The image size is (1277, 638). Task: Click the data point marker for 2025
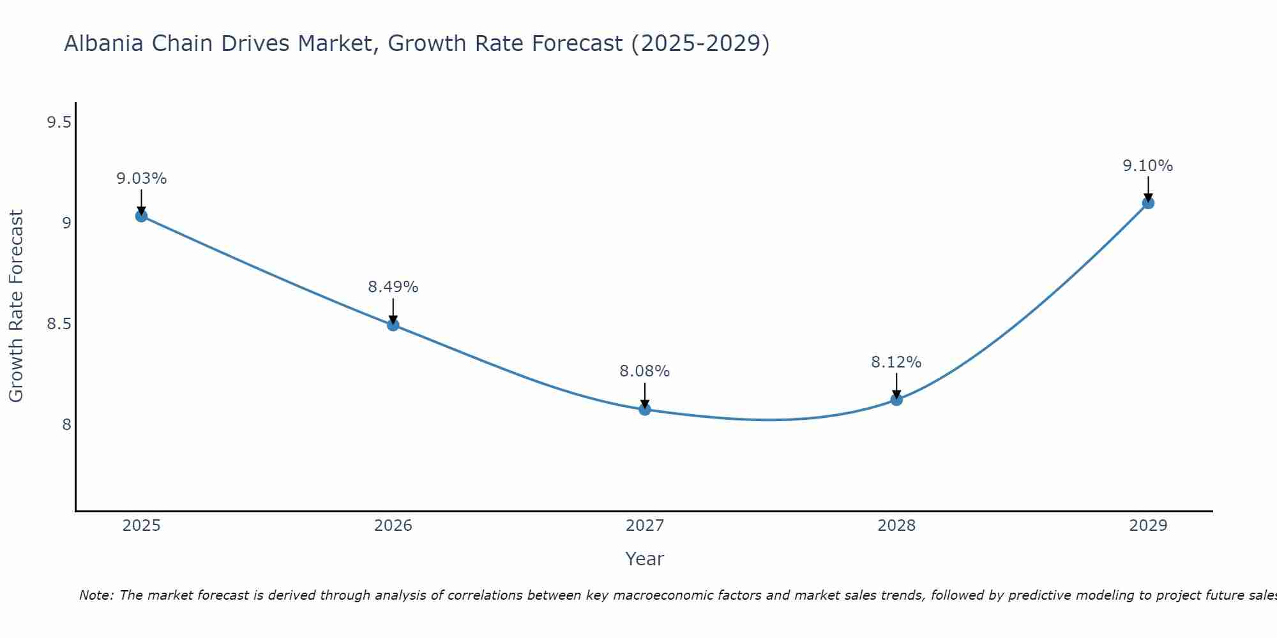tap(141, 216)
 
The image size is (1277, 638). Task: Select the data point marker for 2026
tap(393, 325)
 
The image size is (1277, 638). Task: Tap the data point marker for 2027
tap(645, 410)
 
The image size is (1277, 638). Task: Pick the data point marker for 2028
tap(896, 400)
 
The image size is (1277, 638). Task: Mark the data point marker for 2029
tap(1148, 204)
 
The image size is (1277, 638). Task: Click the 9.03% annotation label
tap(141, 179)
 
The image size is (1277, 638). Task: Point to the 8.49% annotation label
tap(393, 287)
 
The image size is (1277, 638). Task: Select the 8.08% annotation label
tap(645, 371)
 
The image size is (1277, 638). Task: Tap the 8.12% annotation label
tap(896, 362)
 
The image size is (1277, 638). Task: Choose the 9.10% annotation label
tap(1148, 166)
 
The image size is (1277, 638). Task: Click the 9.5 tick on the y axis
tap(59, 122)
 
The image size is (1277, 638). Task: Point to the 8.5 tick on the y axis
tap(59, 324)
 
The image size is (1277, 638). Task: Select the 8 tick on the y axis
tap(66, 425)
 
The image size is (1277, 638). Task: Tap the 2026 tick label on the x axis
tap(393, 526)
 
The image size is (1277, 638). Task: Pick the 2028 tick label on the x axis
tap(896, 526)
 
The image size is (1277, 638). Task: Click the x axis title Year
tap(645, 559)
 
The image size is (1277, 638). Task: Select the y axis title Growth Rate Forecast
tap(16, 306)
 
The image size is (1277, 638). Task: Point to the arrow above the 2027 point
tap(645, 394)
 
